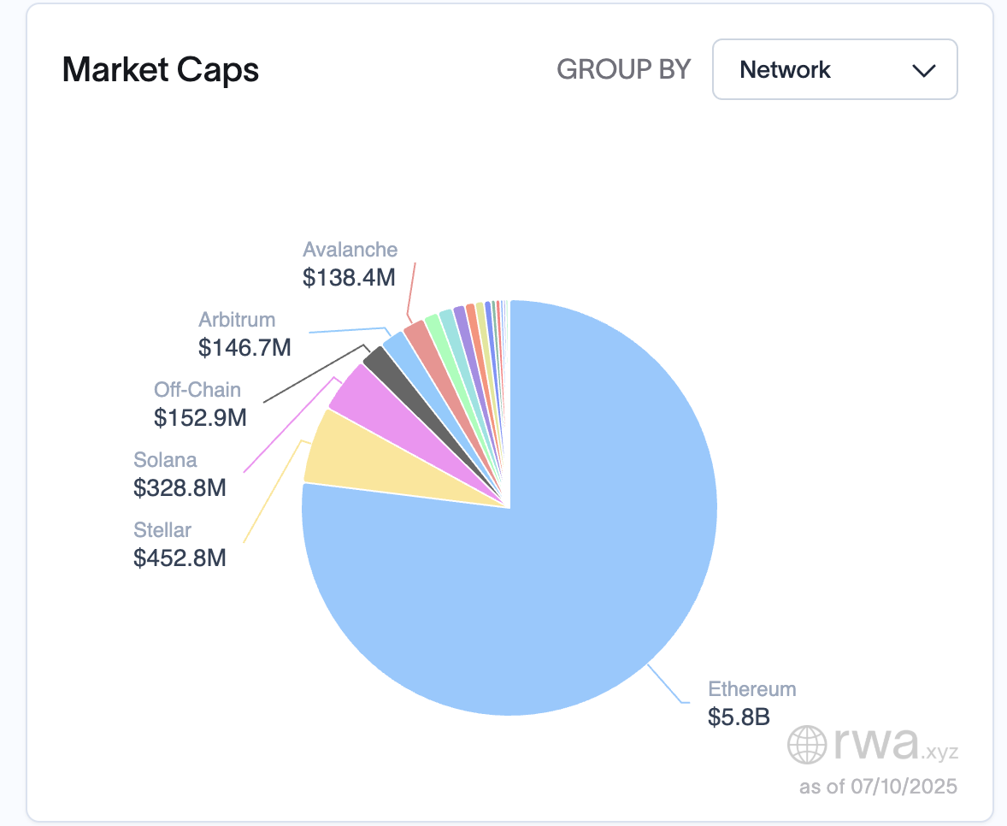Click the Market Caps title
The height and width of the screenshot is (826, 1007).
click(x=161, y=69)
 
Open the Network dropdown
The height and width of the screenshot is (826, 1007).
click(x=834, y=69)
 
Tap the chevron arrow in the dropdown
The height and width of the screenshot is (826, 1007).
click(x=924, y=70)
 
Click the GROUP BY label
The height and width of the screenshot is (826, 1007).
click(x=623, y=69)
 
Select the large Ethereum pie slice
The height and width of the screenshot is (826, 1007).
click(x=547, y=599)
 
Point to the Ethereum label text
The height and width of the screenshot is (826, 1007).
click(x=751, y=689)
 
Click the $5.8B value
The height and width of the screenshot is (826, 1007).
click(x=739, y=717)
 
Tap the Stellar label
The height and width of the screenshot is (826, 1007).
click(x=162, y=530)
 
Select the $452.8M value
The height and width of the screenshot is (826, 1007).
click(x=180, y=558)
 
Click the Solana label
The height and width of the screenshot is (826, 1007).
click(x=165, y=460)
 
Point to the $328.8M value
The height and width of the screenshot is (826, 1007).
click(x=180, y=487)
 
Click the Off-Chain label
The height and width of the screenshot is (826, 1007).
click(x=197, y=390)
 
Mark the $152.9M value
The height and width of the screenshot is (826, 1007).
click(x=200, y=417)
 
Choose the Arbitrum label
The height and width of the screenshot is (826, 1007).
click(x=237, y=320)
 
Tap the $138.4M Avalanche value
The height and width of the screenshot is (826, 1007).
click(x=349, y=277)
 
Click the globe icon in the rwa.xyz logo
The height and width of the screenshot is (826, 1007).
click(x=807, y=744)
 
